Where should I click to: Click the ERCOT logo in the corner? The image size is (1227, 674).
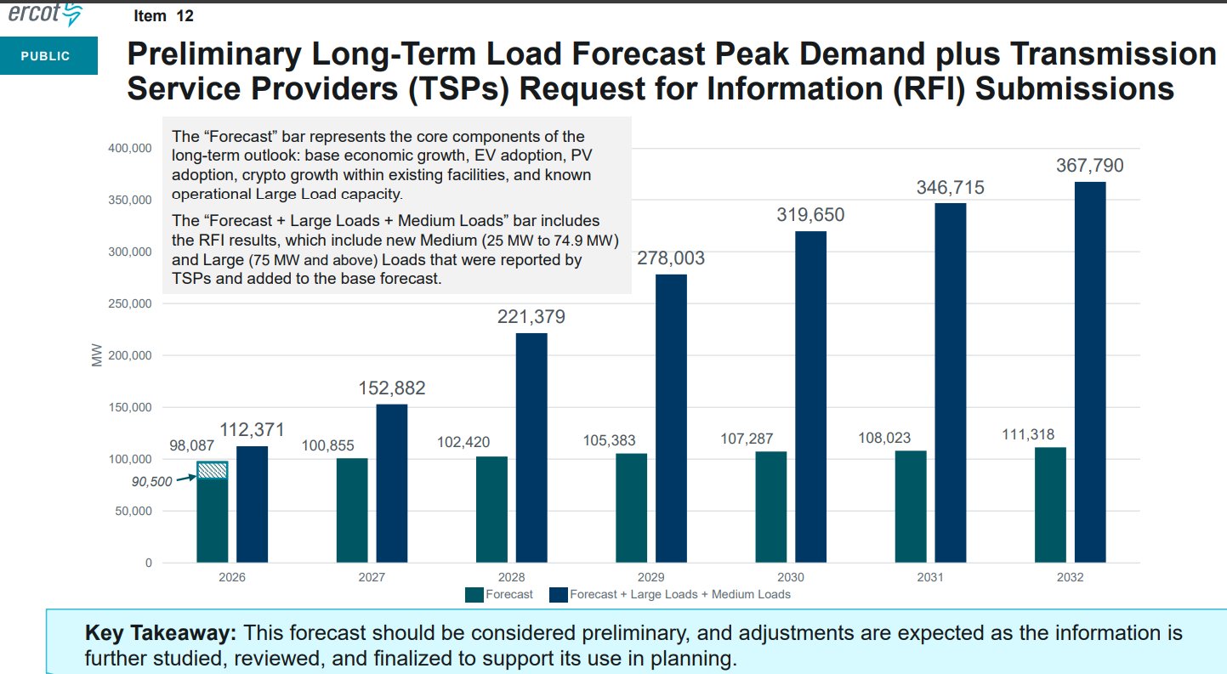(x=44, y=14)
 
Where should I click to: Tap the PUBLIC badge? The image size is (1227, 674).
(x=46, y=57)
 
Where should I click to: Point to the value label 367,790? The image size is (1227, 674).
(x=1089, y=166)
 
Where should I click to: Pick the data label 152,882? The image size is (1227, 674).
(x=391, y=388)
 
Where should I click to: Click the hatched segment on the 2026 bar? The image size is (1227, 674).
(x=213, y=470)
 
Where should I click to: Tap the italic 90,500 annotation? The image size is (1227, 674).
(x=152, y=481)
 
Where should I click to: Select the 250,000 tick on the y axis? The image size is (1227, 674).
(x=130, y=304)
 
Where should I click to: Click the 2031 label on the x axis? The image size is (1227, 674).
(x=930, y=577)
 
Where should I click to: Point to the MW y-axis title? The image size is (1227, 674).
(x=96, y=356)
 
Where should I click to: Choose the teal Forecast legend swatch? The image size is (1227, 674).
(x=474, y=595)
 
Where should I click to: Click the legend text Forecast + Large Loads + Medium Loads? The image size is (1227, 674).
(x=679, y=595)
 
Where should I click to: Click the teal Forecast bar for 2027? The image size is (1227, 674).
(x=352, y=510)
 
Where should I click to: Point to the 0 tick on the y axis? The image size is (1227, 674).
(x=148, y=564)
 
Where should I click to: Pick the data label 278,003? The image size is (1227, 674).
(x=671, y=258)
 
